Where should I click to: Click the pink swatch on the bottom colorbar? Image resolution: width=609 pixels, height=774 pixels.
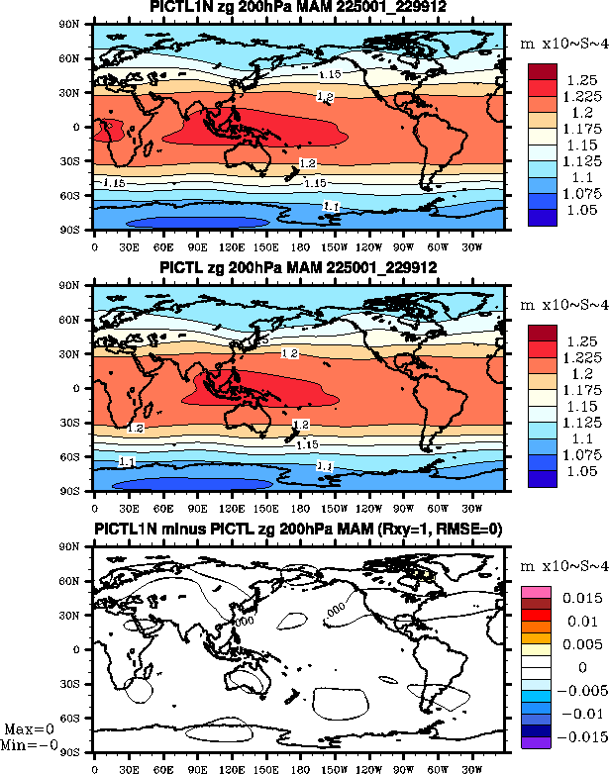536,590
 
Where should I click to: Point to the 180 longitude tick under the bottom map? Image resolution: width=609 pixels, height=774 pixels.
299,768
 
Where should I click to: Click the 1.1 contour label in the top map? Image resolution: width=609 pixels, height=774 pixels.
332,206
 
